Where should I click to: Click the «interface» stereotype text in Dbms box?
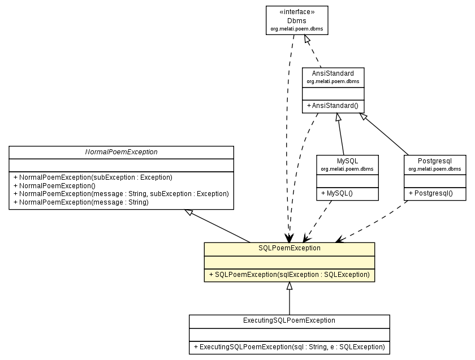297,11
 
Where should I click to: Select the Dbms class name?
297,20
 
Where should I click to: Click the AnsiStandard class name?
332,73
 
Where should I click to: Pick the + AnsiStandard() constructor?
332,106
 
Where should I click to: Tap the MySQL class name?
347,161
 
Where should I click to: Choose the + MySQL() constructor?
337,193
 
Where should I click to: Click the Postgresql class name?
435,161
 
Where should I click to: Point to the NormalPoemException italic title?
121,152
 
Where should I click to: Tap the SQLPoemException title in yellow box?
289,248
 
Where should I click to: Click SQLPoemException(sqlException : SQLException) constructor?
289,275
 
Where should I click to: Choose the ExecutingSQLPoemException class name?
289,320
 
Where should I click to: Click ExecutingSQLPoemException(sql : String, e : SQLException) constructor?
289,346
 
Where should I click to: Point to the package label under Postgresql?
435,169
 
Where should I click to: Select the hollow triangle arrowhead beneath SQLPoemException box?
289,286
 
